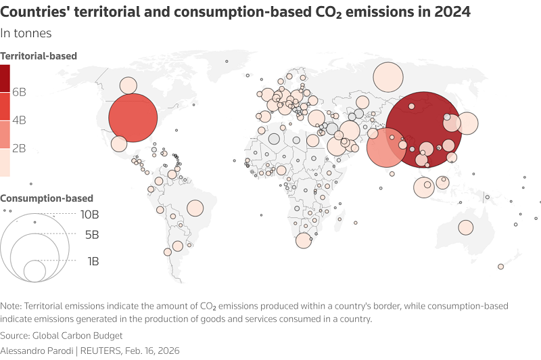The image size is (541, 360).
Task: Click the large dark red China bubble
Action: point(424,129)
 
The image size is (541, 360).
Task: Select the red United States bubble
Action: point(133,118)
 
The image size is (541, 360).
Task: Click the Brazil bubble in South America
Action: point(195,208)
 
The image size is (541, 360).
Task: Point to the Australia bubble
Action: point(466,228)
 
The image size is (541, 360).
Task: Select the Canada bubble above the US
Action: point(128,85)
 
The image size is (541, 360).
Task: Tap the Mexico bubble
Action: point(119,144)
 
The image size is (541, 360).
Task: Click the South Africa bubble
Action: point(304,240)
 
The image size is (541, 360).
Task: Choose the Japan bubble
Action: point(467,124)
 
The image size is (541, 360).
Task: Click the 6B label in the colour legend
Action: point(19,91)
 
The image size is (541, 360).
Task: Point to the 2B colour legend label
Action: point(19,148)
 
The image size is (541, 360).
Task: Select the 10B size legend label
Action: point(90,215)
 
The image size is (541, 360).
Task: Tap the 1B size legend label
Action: point(93,261)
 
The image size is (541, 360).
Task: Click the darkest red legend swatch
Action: point(5,78)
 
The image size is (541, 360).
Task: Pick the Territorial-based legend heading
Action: point(39,56)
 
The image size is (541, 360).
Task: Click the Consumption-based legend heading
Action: point(47,198)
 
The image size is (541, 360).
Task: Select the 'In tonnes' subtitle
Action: point(26,33)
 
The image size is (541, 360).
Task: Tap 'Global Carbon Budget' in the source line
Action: point(79,336)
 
